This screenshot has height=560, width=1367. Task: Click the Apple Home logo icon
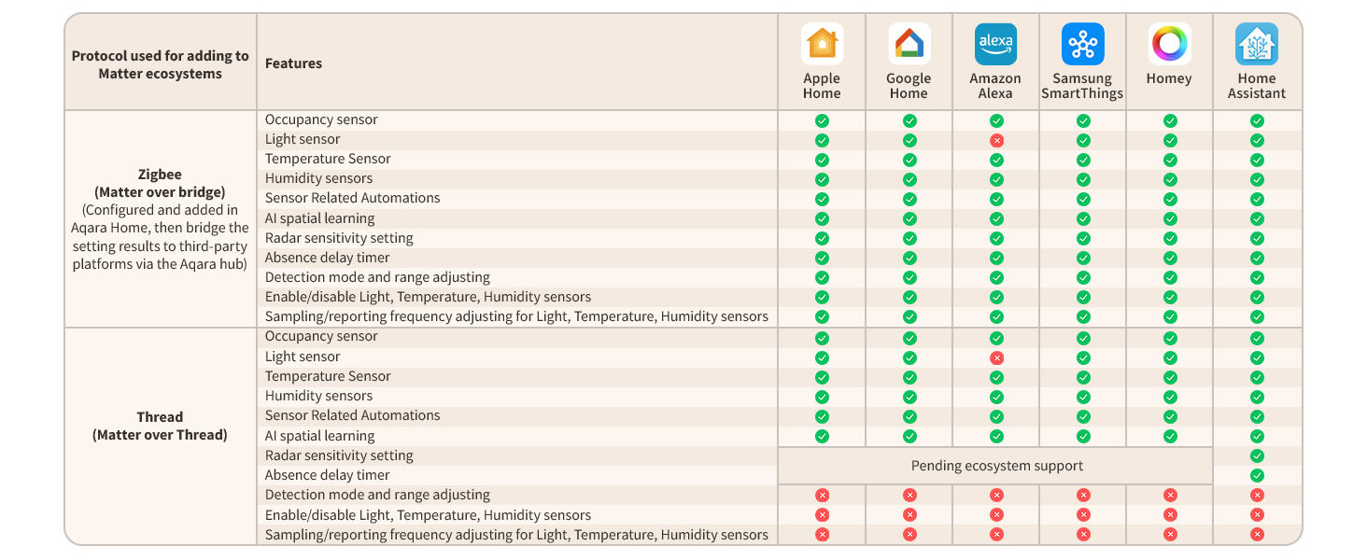(822, 44)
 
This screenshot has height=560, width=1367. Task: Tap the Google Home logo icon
(909, 44)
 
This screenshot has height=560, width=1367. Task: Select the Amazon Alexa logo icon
(996, 44)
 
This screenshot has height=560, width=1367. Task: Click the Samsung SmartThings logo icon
(1083, 44)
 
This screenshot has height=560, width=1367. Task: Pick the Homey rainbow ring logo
(1170, 44)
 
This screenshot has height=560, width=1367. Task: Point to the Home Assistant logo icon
(1257, 44)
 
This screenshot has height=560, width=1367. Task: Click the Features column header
(293, 63)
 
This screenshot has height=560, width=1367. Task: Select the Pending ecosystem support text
(996, 466)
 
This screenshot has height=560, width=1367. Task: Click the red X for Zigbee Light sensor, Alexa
(996, 141)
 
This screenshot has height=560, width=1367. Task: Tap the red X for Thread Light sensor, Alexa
(996, 358)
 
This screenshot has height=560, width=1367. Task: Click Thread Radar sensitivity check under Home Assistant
(1257, 455)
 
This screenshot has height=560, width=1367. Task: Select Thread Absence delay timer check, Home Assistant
(1257, 475)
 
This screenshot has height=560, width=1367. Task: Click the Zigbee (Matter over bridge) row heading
(160, 183)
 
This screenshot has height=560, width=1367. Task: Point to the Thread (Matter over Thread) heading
(160, 426)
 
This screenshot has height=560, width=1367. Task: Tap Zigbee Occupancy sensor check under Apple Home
(822, 120)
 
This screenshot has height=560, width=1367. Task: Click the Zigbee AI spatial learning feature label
(319, 218)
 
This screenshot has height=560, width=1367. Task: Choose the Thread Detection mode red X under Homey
(1170, 495)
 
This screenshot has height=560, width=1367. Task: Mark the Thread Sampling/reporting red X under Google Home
(909, 535)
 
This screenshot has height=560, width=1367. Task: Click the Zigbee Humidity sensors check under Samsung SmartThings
(1083, 180)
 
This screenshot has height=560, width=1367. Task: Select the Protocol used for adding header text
(160, 56)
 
